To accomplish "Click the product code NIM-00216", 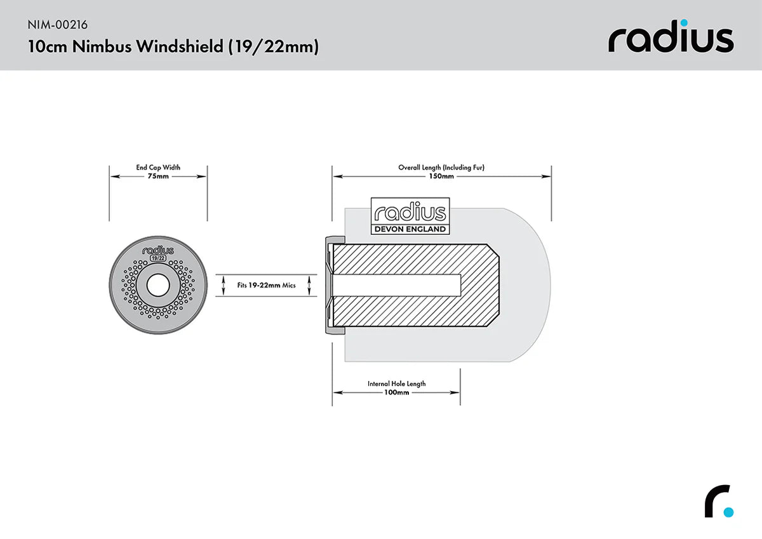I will click(x=58, y=25).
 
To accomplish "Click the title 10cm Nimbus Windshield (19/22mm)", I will click(x=173, y=46).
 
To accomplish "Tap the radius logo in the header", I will click(x=671, y=39).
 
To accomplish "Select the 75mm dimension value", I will click(x=158, y=176).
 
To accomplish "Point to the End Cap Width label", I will click(x=158, y=168).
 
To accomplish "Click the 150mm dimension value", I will click(x=441, y=176).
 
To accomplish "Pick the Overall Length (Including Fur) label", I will click(x=441, y=168).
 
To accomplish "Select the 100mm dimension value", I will click(x=397, y=392).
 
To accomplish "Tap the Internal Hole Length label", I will click(x=397, y=383).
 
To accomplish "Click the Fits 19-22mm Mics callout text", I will click(x=267, y=286).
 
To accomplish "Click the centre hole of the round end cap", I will click(x=158, y=286).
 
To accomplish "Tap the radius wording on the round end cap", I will click(x=158, y=251).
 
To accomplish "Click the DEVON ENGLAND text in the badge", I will click(x=410, y=229).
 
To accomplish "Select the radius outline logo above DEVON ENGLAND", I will click(x=410, y=213).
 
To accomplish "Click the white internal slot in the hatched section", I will click(x=397, y=286).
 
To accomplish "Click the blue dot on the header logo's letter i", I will click(x=687, y=23).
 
